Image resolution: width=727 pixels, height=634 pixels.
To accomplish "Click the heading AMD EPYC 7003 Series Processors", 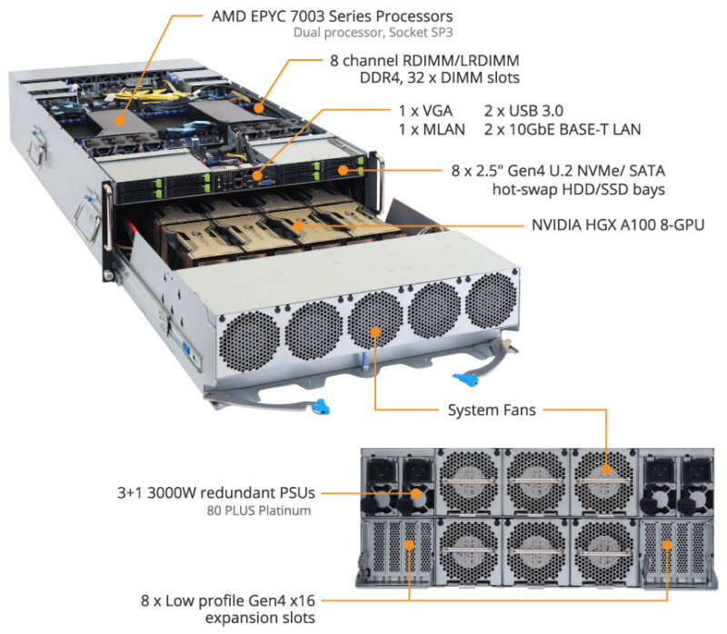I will [332, 16].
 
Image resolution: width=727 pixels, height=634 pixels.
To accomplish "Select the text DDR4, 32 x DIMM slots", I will [440, 78].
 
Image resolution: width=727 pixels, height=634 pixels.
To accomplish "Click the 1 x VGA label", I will [423, 108].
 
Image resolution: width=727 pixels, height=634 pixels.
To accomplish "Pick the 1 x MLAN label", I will [431, 129].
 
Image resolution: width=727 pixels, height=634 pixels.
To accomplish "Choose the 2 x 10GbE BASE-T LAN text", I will [563, 129].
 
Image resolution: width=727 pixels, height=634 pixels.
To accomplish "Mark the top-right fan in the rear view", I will [602, 475].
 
